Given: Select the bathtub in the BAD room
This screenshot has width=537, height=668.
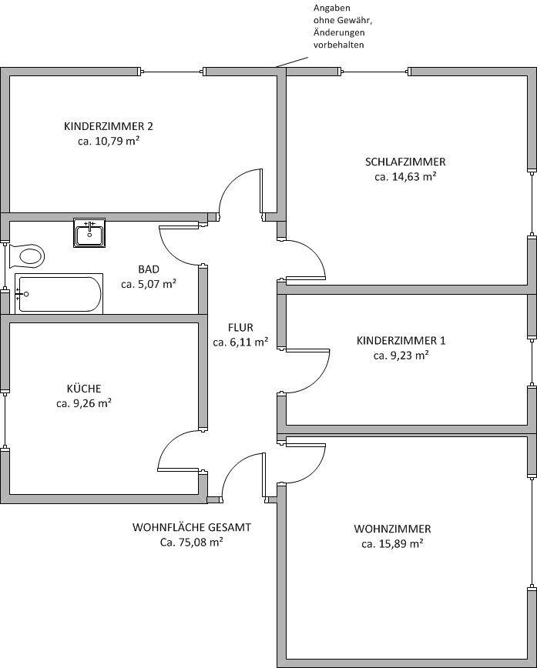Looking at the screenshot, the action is point(59,294).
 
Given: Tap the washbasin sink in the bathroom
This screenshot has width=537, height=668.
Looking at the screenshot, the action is point(89,232).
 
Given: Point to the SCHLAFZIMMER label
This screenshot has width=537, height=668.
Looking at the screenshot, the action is point(405,162).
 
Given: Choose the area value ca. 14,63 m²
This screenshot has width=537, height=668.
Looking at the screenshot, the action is point(405,176).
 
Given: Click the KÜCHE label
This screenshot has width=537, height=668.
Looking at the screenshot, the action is point(83,389).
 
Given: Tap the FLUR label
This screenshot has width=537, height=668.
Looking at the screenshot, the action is point(240,327).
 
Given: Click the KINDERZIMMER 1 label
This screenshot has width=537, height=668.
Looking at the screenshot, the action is point(401,340).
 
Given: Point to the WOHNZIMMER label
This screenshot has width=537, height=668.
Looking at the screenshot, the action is point(392,529).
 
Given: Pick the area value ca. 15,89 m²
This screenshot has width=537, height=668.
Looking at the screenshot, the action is point(392,544).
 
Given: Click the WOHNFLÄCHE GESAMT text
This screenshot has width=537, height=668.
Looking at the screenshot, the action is point(192,528).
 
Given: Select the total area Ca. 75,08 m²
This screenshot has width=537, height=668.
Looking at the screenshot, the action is point(192,543).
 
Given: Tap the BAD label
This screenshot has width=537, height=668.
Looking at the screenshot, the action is point(149,269).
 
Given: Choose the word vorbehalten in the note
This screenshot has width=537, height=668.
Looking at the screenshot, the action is point(338,45).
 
